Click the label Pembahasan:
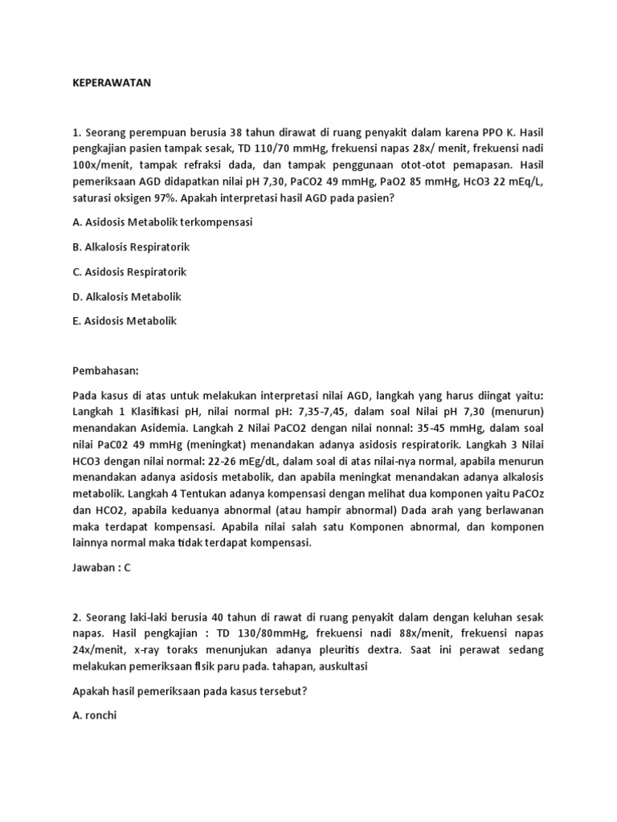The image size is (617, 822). point(106,371)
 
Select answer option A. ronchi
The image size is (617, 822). point(95,715)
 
